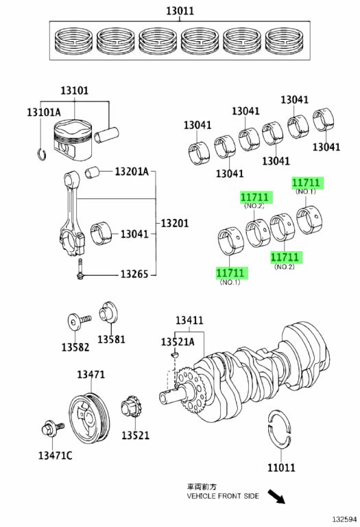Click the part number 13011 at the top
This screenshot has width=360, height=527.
pyautogui.click(x=180, y=11)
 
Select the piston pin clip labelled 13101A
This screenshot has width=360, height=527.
pyautogui.click(x=42, y=154)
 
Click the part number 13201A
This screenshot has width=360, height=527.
pyautogui.click(x=131, y=172)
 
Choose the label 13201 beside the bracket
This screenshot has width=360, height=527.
pyautogui.click(x=175, y=223)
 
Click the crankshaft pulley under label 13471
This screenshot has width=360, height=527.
pyautogui.click(x=89, y=419)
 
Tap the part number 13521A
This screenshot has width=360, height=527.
pyautogui.click(x=178, y=342)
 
